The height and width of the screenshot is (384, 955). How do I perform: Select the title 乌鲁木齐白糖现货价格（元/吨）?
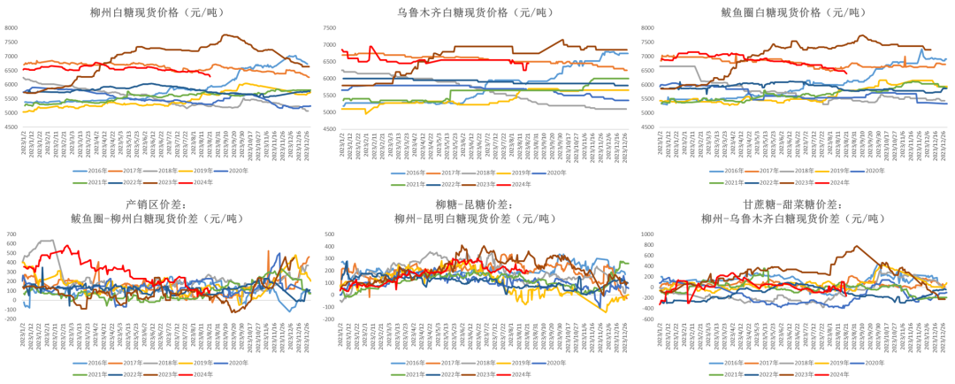pyautogui.click(x=477, y=12)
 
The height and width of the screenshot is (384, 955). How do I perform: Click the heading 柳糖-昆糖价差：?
pyautogui.click(x=477, y=205)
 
